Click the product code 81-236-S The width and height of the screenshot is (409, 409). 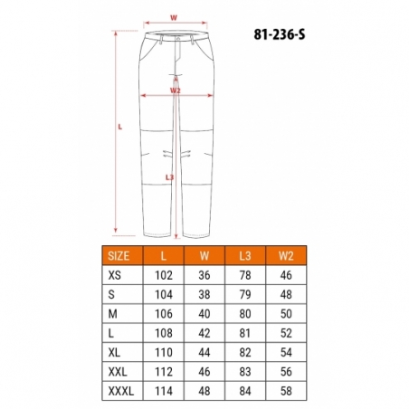click(280, 34)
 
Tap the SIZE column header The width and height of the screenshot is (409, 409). click(119, 256)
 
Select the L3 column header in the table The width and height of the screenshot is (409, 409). click(245, 256)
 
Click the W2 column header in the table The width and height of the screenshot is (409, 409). click(286, 256)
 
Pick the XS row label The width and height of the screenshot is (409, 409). click(114, 275)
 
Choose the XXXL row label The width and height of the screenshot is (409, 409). click(120, 391)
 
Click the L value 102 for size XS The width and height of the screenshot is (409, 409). click(164, 275)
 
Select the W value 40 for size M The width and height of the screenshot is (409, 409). click(204, 314)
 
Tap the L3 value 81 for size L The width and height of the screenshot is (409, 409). click(245, 333)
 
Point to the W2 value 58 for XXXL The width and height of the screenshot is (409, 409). click(286, 391)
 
